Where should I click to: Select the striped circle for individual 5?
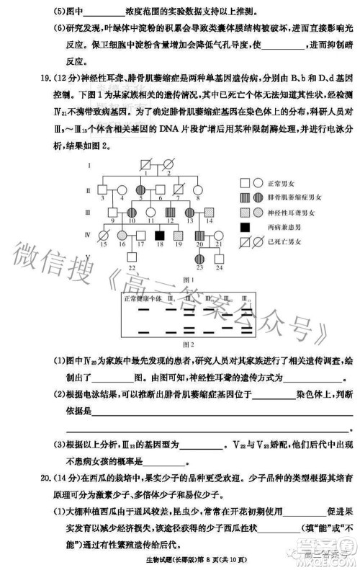pyautogui.click(x=140, y=190)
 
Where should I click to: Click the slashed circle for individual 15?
pyautogui.click(x=103, y=236)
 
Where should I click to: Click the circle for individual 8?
pyautogui.click(x=197, y=190)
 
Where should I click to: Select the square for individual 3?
pyautogui.click(x=103, y=190)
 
